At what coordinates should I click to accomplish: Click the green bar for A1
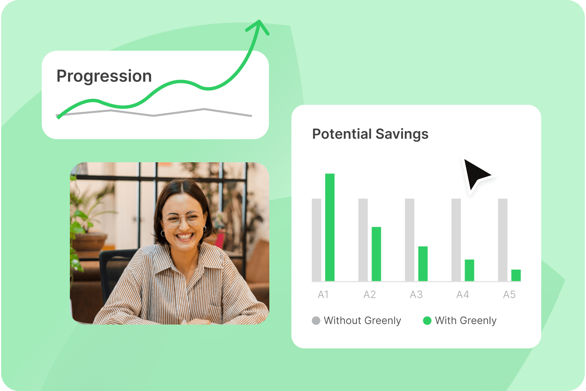(x=330, y=227)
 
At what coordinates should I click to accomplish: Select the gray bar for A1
(x=316, y=240)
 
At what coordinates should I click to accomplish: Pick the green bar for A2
(x=376, y=254)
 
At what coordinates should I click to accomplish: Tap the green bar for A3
(x=423, y=264)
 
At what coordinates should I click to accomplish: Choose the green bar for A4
(x=469, y=270)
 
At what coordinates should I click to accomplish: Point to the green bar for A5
(x=516, y=275)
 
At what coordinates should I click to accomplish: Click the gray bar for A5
(x=503, y=240)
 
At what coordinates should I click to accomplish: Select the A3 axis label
(x=416, y=294)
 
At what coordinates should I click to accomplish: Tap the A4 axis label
(x=462, y=294)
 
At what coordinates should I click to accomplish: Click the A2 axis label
(x=369, y=294)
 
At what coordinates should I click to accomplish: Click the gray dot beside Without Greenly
(x=316, y=321)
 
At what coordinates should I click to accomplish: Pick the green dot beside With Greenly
(x=427, y=321)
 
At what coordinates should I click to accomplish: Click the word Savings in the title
(x=402, y=134)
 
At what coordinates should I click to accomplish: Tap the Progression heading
(x=104, y=76)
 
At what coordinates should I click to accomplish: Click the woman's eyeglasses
(x=182, y=219)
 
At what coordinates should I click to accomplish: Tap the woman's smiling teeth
(x=185, y=236)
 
